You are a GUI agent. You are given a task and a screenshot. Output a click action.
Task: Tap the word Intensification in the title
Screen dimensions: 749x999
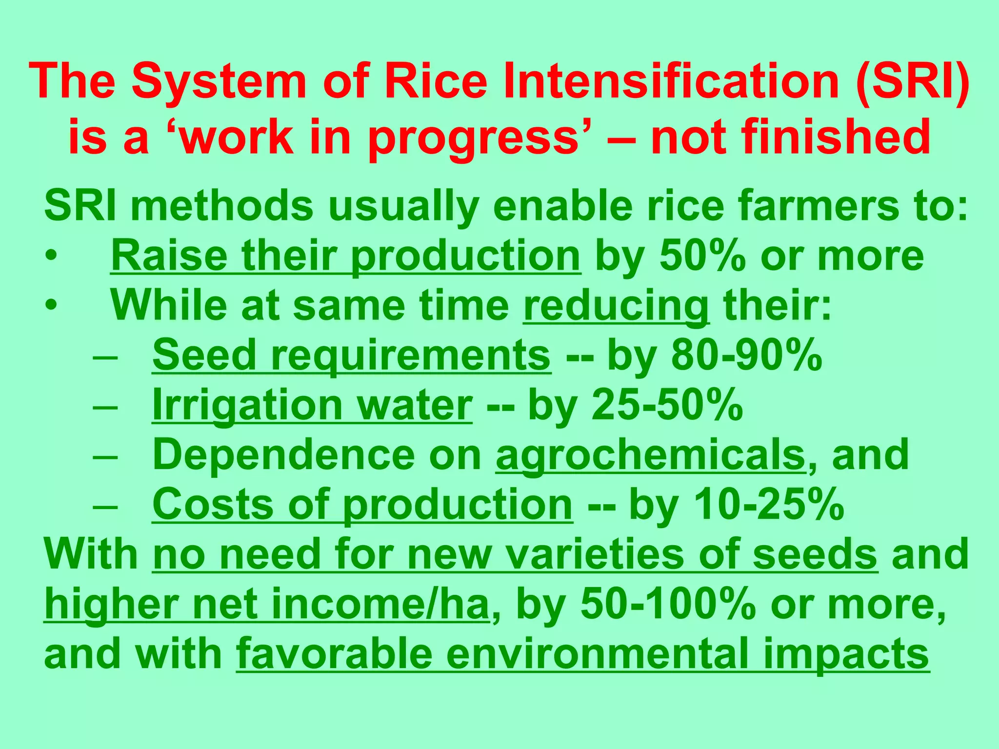(669, 81)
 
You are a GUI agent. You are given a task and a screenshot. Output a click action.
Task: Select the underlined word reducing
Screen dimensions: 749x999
(616, 306)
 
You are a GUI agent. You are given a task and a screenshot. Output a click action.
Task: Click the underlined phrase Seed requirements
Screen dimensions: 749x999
(351, 356)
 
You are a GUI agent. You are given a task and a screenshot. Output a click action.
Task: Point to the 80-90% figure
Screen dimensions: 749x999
(746, 356)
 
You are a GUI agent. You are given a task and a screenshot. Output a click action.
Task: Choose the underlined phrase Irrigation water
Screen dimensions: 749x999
(312, 406)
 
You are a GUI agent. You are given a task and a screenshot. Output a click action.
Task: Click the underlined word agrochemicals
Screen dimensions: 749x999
(650, 456)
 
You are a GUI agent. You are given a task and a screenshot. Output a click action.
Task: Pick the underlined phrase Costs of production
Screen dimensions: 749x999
(362, 506)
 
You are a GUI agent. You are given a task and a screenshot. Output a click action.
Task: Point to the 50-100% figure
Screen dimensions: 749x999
(666, 605)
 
